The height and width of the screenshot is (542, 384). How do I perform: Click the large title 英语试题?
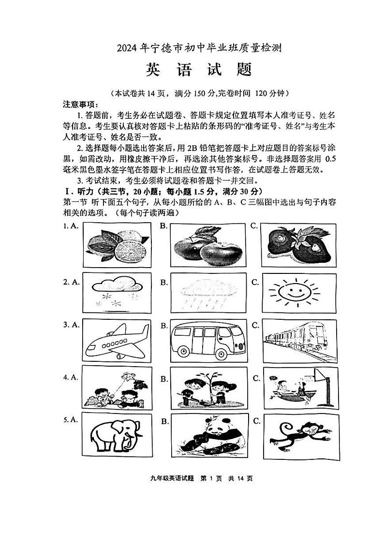199,70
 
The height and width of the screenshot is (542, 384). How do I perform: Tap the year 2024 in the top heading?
127,48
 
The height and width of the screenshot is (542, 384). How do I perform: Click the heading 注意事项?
80,104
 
